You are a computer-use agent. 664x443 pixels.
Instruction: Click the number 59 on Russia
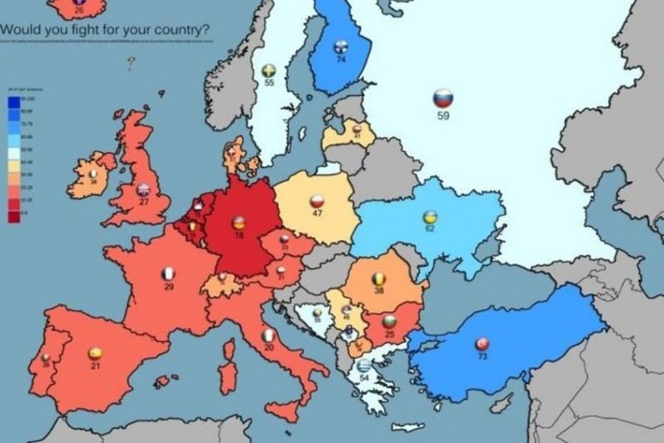pyautogui.click(x=443, y=116)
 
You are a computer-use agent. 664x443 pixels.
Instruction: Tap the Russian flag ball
pyautogui.click(x=443, y=98)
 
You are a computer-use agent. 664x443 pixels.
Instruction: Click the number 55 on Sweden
pyautogui.click(x=269, y=84)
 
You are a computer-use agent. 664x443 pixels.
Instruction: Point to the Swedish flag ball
pyautogui.click(x=269, y=71)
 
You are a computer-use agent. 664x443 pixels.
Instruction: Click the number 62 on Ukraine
pyautogui.click(x=429, y=230)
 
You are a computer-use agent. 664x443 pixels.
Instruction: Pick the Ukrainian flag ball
pyautogui.click(x=429, y=217)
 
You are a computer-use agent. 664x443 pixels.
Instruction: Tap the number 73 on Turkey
pyautogui.click(x=482, y=357)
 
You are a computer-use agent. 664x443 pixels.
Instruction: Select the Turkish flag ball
pyautogui.click(x=482, y=344)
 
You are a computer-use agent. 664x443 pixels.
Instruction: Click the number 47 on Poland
pyautogui.click(x=317, y=214)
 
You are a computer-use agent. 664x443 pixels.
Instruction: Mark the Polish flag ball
pyautogui.click(x=317, y=202)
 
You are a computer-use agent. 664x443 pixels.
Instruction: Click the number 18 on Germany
pyautogui.click(x=238, y=235)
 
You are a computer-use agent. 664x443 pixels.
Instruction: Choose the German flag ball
pyautogui.click(x=238, y=222)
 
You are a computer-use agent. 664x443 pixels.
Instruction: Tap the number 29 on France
pyautogui.click(x=169, y=286)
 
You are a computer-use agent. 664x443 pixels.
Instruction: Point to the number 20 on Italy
pyautogui.click(x=269, y=348)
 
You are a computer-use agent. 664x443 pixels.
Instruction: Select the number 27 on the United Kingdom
pyautogui.click(x=143, y=202)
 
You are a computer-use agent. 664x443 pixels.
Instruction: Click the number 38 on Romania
pyautogui.click(x=378, y=291)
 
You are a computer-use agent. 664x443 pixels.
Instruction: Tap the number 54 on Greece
pyautogui.click(x=364, y=378)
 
